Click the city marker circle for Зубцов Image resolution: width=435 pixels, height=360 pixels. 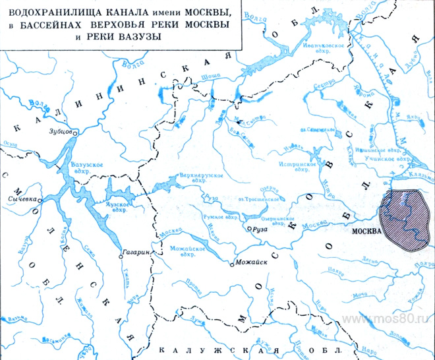[x=75, y=133]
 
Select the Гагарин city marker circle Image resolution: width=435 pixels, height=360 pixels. [x=121, y=253]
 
